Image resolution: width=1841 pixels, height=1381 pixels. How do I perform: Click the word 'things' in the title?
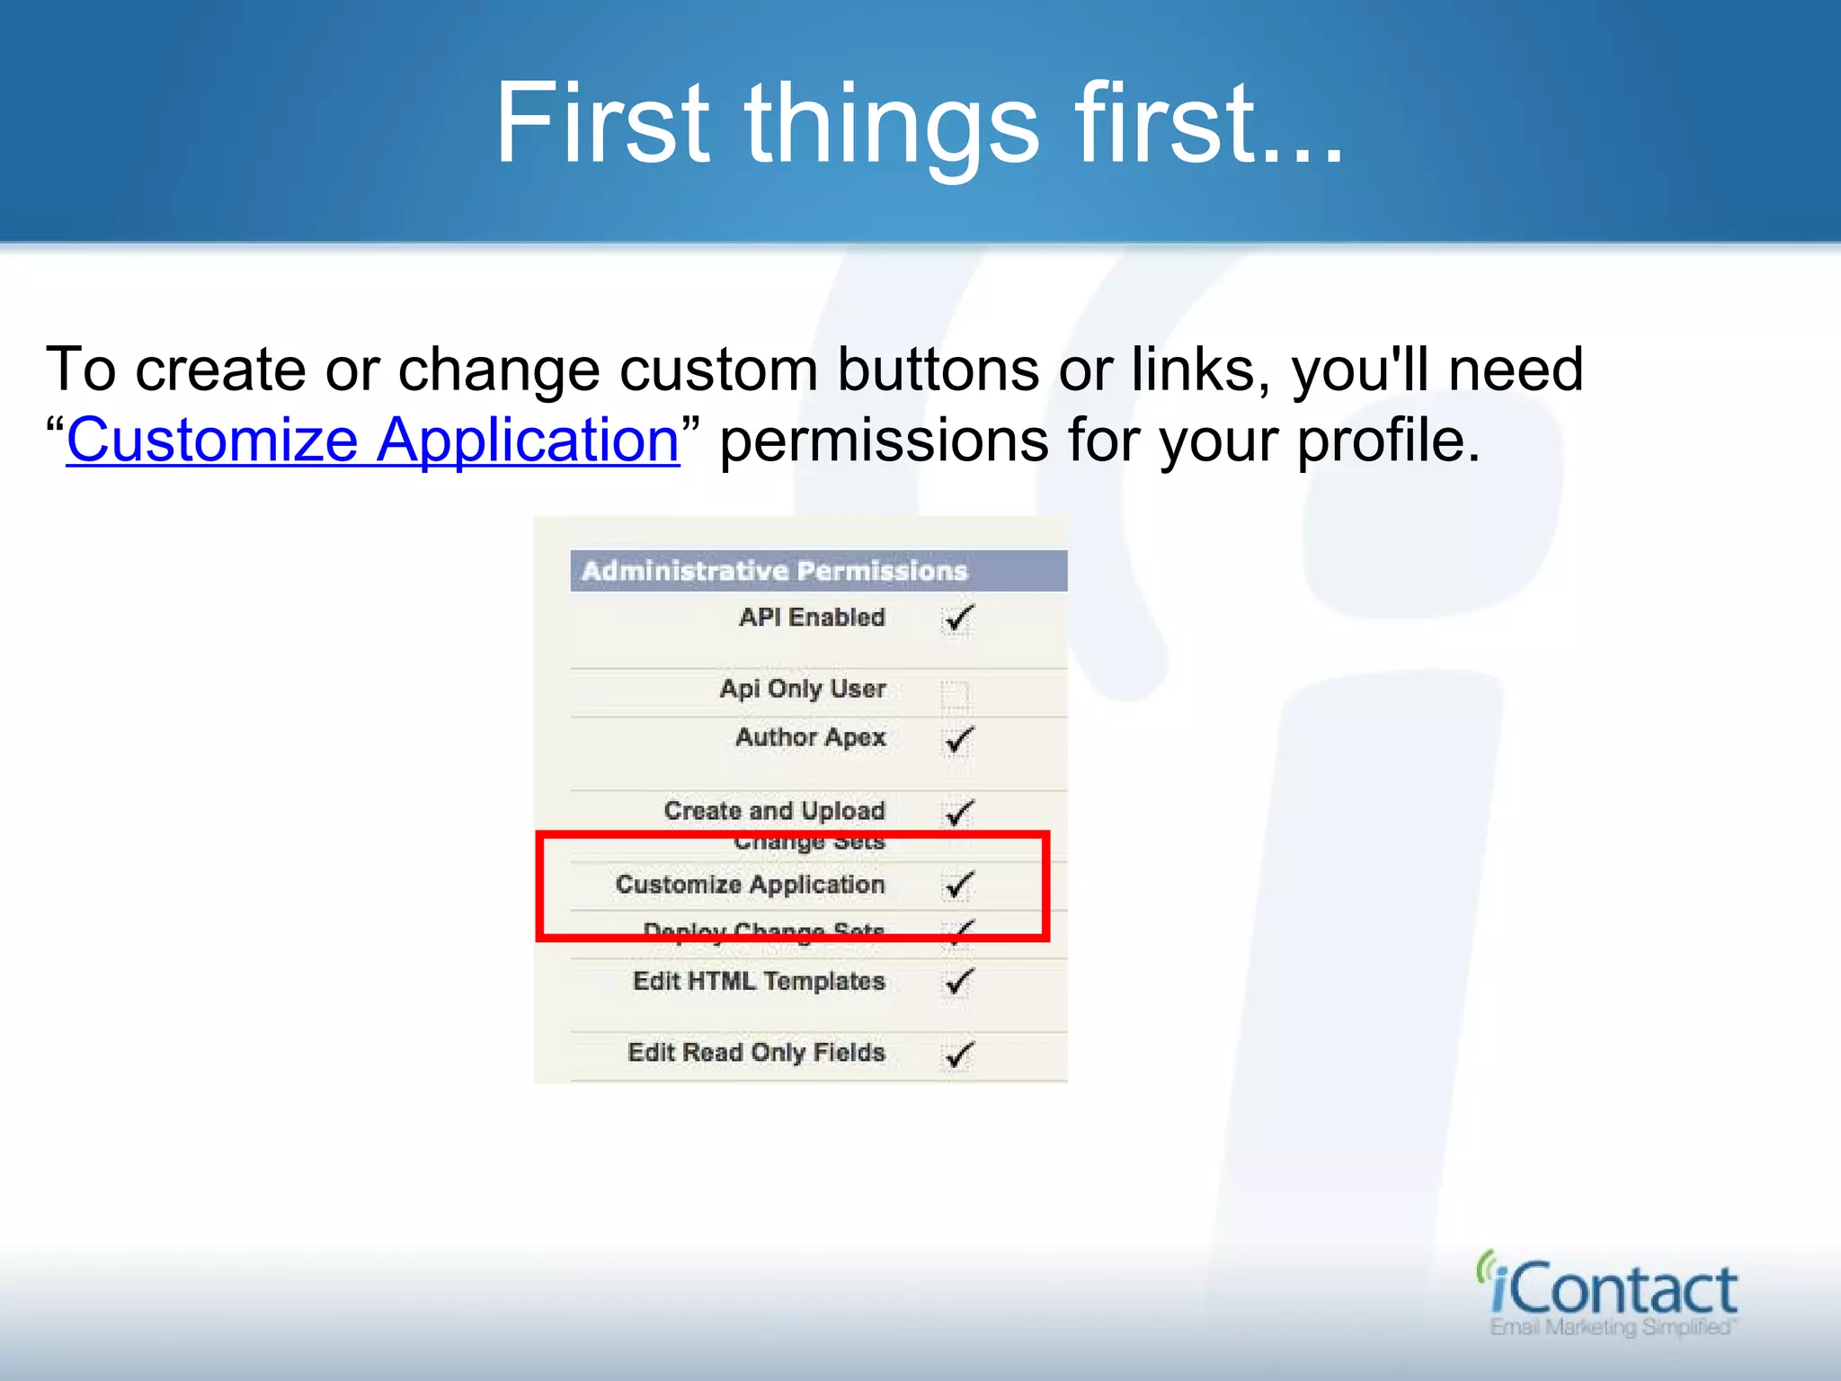click(x=892, y=126)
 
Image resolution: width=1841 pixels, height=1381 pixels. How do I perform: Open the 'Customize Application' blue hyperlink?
click(x=372, y=441)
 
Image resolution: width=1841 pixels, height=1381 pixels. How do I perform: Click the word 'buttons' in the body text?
click(x=938, y=370)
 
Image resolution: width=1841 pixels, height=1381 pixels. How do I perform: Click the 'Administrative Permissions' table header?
click(x=775, y=571)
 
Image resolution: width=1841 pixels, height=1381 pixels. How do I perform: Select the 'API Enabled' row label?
click(x=811, y=618)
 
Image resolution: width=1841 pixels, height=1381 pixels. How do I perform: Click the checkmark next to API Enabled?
click(x=958, y=619)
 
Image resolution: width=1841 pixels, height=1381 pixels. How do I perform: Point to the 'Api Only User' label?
click(x=802, y=689)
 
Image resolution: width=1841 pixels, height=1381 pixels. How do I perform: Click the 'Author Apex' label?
click(x=810, y=737)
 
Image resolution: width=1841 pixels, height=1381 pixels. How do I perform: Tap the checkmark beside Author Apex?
click(x=958, y=740)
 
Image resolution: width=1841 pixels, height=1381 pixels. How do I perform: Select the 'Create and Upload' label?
click(x=774, y=810)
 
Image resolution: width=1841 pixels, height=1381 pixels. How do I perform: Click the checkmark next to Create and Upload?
click(x=958, y=813)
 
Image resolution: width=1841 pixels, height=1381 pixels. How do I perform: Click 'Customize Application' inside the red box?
click(x=750, y=885)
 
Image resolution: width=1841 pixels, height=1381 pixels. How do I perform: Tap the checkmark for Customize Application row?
click(x=958, y=886)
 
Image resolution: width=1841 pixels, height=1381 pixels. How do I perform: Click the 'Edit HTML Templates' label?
click(x=759, y=981)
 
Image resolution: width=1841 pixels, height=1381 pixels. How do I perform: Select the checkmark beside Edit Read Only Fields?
click(x=958, y=1054)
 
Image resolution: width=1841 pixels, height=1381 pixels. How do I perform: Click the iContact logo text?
click(x=1614, y=1289)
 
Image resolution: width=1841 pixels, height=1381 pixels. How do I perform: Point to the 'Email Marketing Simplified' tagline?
click(x=1613, y=1328)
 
